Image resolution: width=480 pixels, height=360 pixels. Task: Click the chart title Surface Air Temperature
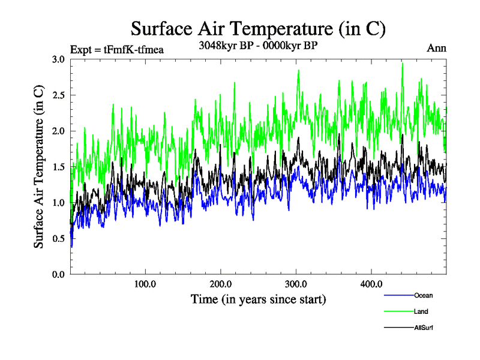click(258, 29)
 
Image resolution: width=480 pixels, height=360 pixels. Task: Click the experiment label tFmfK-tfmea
click(117, 49)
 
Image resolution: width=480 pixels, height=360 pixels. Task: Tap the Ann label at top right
click(436, 48)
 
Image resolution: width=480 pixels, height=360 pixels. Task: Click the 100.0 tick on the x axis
click(145, 284)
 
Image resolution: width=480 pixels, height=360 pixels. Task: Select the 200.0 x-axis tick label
click(221, 284)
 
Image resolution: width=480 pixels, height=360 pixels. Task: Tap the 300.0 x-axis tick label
click(296, 284)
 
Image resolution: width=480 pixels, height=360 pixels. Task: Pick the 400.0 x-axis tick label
click(372, 284)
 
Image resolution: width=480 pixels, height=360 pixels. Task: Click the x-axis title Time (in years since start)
click(258, 298)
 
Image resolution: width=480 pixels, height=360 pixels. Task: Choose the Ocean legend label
click(423, 295)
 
